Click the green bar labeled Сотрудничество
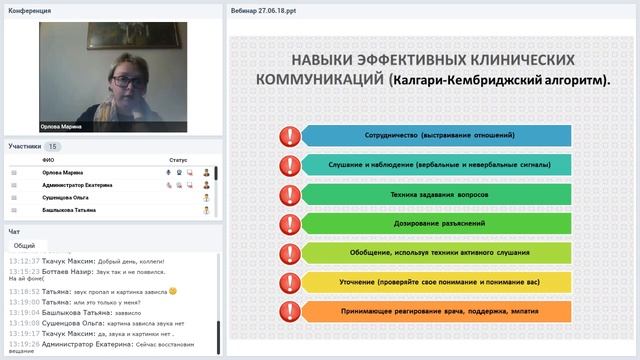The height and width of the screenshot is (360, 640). pyautogui.click(x=434, y=134)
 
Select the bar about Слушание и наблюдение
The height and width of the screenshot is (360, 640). pyautogui.click(x=434, y=163)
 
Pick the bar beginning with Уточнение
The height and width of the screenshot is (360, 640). pyautogui.click(x=434, y=284)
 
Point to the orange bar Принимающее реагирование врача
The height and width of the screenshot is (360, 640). pyautogui.click(x=434, y=313)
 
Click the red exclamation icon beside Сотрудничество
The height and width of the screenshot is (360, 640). pyautogui.click(x=289, y=135)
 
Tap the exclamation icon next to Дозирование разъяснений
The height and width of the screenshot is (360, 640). pyautogui.click(x=289, y=222)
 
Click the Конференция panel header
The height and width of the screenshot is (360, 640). pyautogui.click(x=30, y=9)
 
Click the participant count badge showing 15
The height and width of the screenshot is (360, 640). pyautogui.click(x=52, y=146)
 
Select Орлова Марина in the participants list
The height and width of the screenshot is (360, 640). pyautogui.click(x=64, y=172)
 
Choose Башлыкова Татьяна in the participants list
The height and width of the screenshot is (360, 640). pyautogui.click(x=69, y=211)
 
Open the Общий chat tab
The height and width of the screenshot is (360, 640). pyautogui.click(x=25, y=245)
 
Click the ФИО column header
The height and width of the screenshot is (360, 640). pyautogui.click(x=48, y=159)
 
